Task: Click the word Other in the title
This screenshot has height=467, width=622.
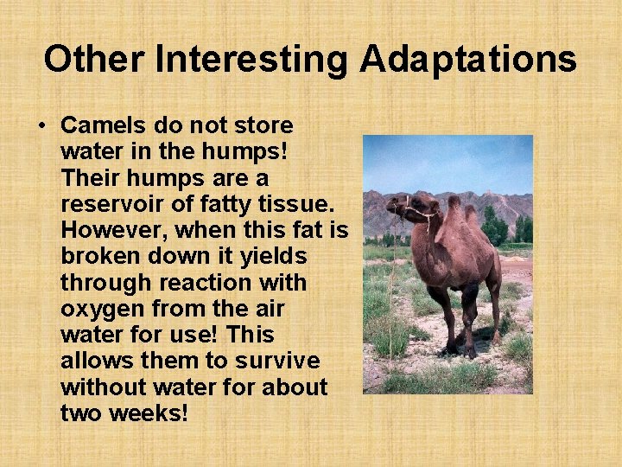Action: [94, 60]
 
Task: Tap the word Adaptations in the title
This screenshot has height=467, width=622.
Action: [468, 60]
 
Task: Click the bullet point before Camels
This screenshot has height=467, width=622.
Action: [41, 126]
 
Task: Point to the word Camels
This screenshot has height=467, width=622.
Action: [99, 125]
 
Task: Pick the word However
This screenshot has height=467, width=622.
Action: [111, 230]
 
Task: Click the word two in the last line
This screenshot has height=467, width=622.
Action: [81, 413]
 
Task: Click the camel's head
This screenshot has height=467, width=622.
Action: [399, 208]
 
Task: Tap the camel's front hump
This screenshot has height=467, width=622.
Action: [454, 208]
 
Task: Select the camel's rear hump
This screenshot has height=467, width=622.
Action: [472, 213]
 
